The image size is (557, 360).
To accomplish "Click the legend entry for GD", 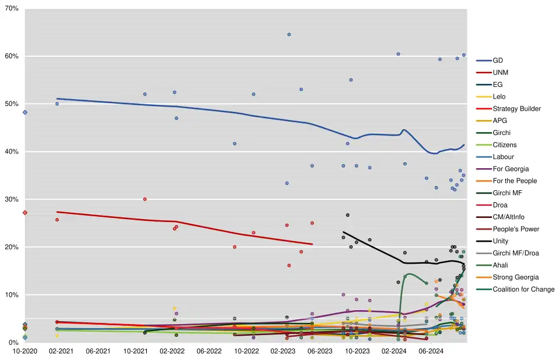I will tap(498, 61).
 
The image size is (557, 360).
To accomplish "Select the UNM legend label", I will tap(501, 73).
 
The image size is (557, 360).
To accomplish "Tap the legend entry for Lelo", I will tap(500, 97).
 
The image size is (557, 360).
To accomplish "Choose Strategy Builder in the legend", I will tap(516, 109).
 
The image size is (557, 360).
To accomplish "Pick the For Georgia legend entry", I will tap(511, 169).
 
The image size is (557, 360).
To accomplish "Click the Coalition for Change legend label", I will tap(523, 289).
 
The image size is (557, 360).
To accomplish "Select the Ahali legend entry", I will tap(501, 266).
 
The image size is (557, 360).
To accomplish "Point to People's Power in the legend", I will tap(516, 229).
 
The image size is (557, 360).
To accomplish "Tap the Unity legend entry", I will tap(501, 241).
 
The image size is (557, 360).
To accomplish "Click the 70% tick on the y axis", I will tap(12, 9).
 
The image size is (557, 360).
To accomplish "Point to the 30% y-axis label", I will tap(12, 200).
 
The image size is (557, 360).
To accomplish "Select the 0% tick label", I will tap(13, 343).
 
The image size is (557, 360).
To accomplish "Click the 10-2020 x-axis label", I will tap(24, 351).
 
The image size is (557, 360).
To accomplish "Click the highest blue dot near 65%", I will tap(289, 35).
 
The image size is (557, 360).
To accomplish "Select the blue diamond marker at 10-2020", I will tap(24, 112).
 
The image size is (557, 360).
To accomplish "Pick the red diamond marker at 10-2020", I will tap(24, 213).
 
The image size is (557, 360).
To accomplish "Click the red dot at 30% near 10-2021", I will tap(145, 199).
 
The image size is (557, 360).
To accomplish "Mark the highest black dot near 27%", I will tap(348, 215).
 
